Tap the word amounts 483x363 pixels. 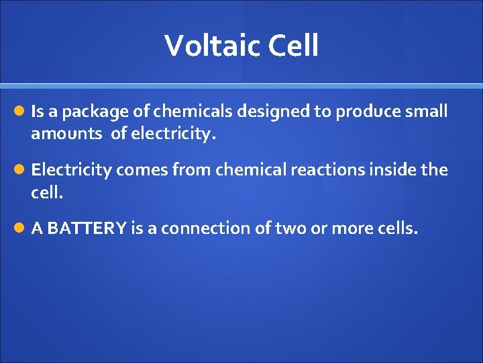coord(65,134)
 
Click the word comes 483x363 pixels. coord(142,169)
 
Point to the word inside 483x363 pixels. coord(394,169)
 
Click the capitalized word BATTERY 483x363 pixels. coord(87,229)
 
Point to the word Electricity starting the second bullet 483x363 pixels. coord(71,169)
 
